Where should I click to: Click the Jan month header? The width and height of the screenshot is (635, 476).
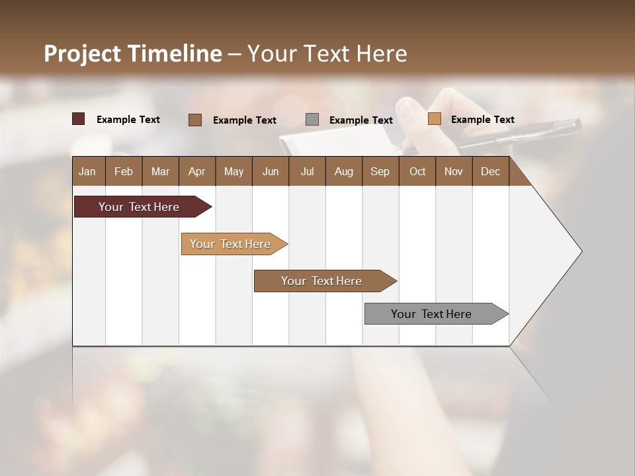click(87, 171)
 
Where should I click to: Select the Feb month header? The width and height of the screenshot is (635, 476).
click(124, 171)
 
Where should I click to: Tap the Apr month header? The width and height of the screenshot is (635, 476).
click(196, 171)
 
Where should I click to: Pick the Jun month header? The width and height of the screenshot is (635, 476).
click(271, 171)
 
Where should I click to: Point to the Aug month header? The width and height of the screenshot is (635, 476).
click(343, 171)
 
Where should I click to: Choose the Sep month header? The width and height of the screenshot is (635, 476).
click(380, 171)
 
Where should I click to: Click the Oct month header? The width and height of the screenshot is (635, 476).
click(417, 171)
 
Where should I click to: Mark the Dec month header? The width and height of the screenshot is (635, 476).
click(490, 171)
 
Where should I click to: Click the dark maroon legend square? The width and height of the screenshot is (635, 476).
click(79, 119)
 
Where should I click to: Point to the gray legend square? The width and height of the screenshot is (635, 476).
click(312, 120)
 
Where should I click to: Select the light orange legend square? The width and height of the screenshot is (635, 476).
click(434, 119)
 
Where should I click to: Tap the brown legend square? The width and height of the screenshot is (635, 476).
click(195, 120)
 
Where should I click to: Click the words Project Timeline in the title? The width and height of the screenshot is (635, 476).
click(132, 54)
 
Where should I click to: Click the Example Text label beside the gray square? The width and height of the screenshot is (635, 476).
click(360, 120)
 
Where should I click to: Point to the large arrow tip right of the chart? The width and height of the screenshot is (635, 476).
click(559, 251)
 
